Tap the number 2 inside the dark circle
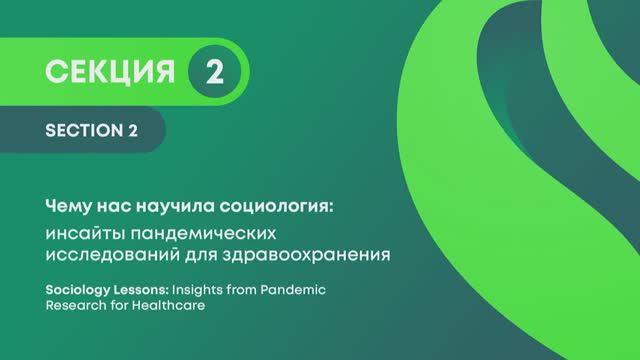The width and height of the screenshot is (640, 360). click(212, 71)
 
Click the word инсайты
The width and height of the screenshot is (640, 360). click(88, 232)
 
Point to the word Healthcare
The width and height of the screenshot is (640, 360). click(173, 306)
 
